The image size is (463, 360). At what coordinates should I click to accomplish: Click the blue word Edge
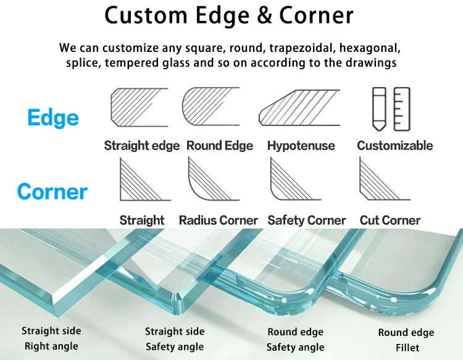coord(53,118)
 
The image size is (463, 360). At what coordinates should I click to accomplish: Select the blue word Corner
coord(52,191)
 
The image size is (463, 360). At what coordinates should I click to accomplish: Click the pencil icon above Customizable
coord(379,109)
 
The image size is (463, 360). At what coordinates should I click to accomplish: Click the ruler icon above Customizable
coord(402,109)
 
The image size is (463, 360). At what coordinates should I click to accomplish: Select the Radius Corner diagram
coord(213,180)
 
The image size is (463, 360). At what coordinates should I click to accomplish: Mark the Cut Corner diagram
coord(383,180)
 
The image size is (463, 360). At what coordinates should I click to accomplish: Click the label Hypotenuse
coord(301,146)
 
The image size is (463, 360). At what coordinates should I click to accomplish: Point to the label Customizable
coord(395,146)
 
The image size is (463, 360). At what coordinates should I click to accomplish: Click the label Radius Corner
coord(219,220)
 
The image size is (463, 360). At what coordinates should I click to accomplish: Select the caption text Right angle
coord(51,346)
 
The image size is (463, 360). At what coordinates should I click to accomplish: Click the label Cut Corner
coord(390,220)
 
